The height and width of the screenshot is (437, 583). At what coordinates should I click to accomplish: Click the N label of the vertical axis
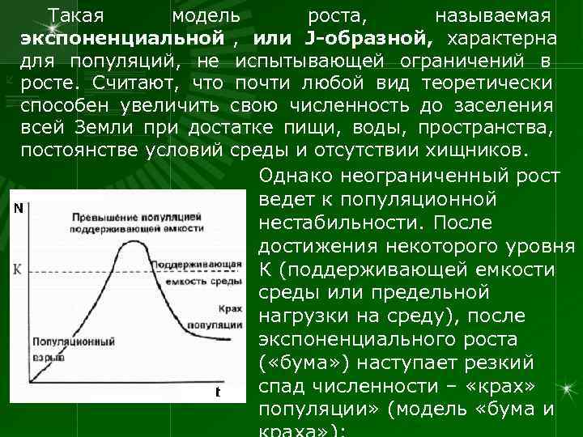pyautogui.click(x=18, y=208)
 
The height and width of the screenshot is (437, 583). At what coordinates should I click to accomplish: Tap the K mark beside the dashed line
pyautogui.click(x=17, y=268)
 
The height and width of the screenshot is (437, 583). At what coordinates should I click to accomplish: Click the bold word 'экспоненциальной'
pyautogui.click(x=122, y=39)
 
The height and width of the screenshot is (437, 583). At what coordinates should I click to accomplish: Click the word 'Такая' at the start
pyautogui.click(x=75, y=16)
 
